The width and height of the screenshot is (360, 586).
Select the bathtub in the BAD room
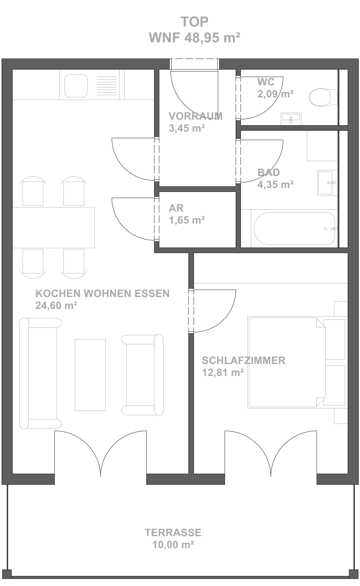coord(294,228)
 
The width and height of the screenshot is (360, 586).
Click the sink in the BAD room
coord(327,182)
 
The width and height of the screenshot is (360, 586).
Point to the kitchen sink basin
coord(76,86)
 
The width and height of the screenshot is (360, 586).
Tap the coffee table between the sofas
coord(90,375)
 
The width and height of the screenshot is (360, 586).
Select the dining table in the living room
coord(53,227)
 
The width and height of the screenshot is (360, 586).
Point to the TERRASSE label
coord(173,532)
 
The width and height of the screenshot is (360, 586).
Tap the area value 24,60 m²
coord(56,305)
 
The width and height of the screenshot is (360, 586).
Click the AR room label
coord(176,208)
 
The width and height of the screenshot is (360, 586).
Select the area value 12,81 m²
coord(223,373)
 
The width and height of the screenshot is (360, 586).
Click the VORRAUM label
coord(196,116)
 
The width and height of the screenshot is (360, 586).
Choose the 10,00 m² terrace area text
coord(173,545)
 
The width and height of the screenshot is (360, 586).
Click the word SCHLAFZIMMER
coord(244,360)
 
